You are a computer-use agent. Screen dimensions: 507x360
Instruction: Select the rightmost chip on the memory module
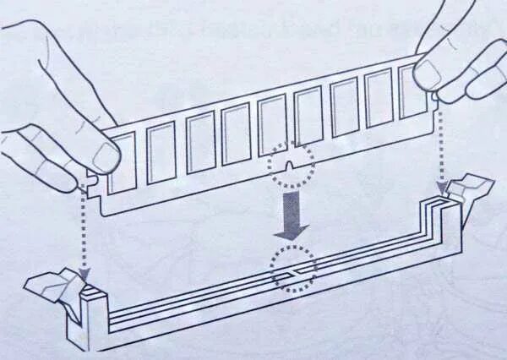click(413, 90)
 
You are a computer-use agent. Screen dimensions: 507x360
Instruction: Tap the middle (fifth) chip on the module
click(272, 125)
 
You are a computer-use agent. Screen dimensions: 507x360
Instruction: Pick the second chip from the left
click(161, 152)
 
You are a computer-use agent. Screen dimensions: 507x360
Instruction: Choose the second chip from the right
click(379, 98)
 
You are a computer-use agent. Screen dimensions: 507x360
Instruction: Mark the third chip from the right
click(345, 107)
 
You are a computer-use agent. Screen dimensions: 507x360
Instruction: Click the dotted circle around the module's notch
click(291, 164)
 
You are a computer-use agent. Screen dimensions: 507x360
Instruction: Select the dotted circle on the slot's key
click(292, 270)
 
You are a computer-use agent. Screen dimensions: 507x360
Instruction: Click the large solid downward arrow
click(292, 215)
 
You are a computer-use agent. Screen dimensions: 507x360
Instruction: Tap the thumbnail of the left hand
click(105, 157)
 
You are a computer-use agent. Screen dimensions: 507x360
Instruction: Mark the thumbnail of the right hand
click(428, 75)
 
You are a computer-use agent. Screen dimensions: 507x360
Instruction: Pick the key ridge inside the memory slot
click(292, 271)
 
